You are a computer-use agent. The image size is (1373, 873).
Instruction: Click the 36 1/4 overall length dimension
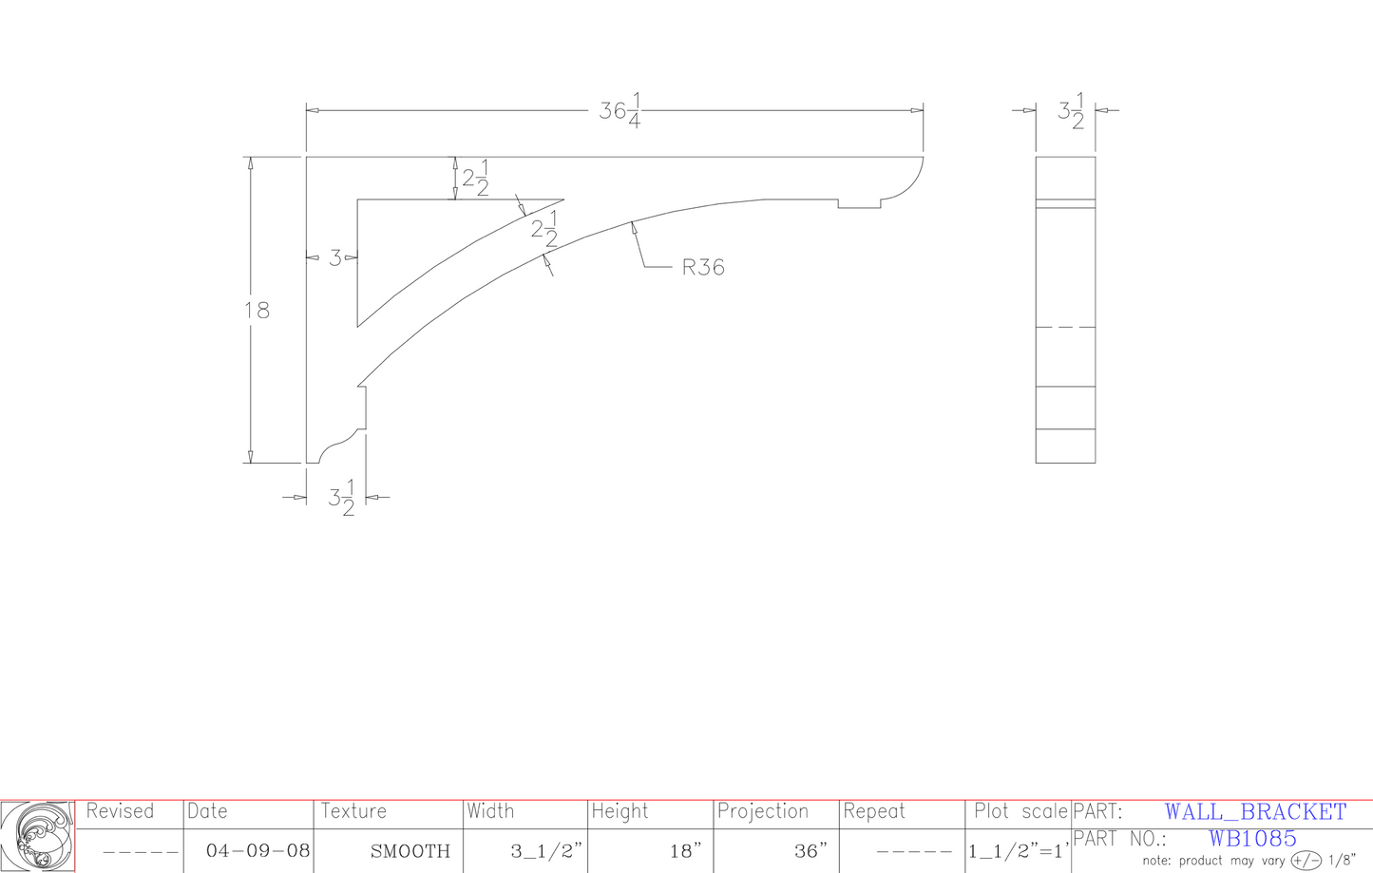(620, 112)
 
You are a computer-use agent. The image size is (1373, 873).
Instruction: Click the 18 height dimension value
(257, 311)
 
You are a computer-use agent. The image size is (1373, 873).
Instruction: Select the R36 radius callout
(703, 268)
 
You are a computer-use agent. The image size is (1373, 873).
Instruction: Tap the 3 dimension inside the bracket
(334, 257)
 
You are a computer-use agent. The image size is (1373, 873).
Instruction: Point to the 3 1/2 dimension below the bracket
(342, 498)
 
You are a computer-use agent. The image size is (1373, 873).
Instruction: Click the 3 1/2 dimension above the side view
(1071, 111)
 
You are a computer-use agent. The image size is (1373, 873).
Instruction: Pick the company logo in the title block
(37, 836)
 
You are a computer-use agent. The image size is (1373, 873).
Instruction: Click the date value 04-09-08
(257, 851)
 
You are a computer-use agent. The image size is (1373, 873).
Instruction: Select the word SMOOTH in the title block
(410, 851)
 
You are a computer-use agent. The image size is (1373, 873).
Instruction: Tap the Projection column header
(762, 811)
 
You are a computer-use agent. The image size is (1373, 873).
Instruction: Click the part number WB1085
(1252, 839)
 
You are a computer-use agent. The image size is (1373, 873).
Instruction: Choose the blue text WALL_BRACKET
(1255, 812)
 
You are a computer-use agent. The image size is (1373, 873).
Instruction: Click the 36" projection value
(810, 851)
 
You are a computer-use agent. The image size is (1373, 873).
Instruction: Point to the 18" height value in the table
(685, 851)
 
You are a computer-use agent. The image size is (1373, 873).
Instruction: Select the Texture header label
(353, 811)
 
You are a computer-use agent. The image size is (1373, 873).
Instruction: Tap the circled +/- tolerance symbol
(1306, 861)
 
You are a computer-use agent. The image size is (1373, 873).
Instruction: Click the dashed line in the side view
(1065, 327)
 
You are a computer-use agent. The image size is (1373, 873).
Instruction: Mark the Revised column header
(120, 811)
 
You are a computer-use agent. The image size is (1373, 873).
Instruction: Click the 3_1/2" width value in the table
(546, 851)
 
